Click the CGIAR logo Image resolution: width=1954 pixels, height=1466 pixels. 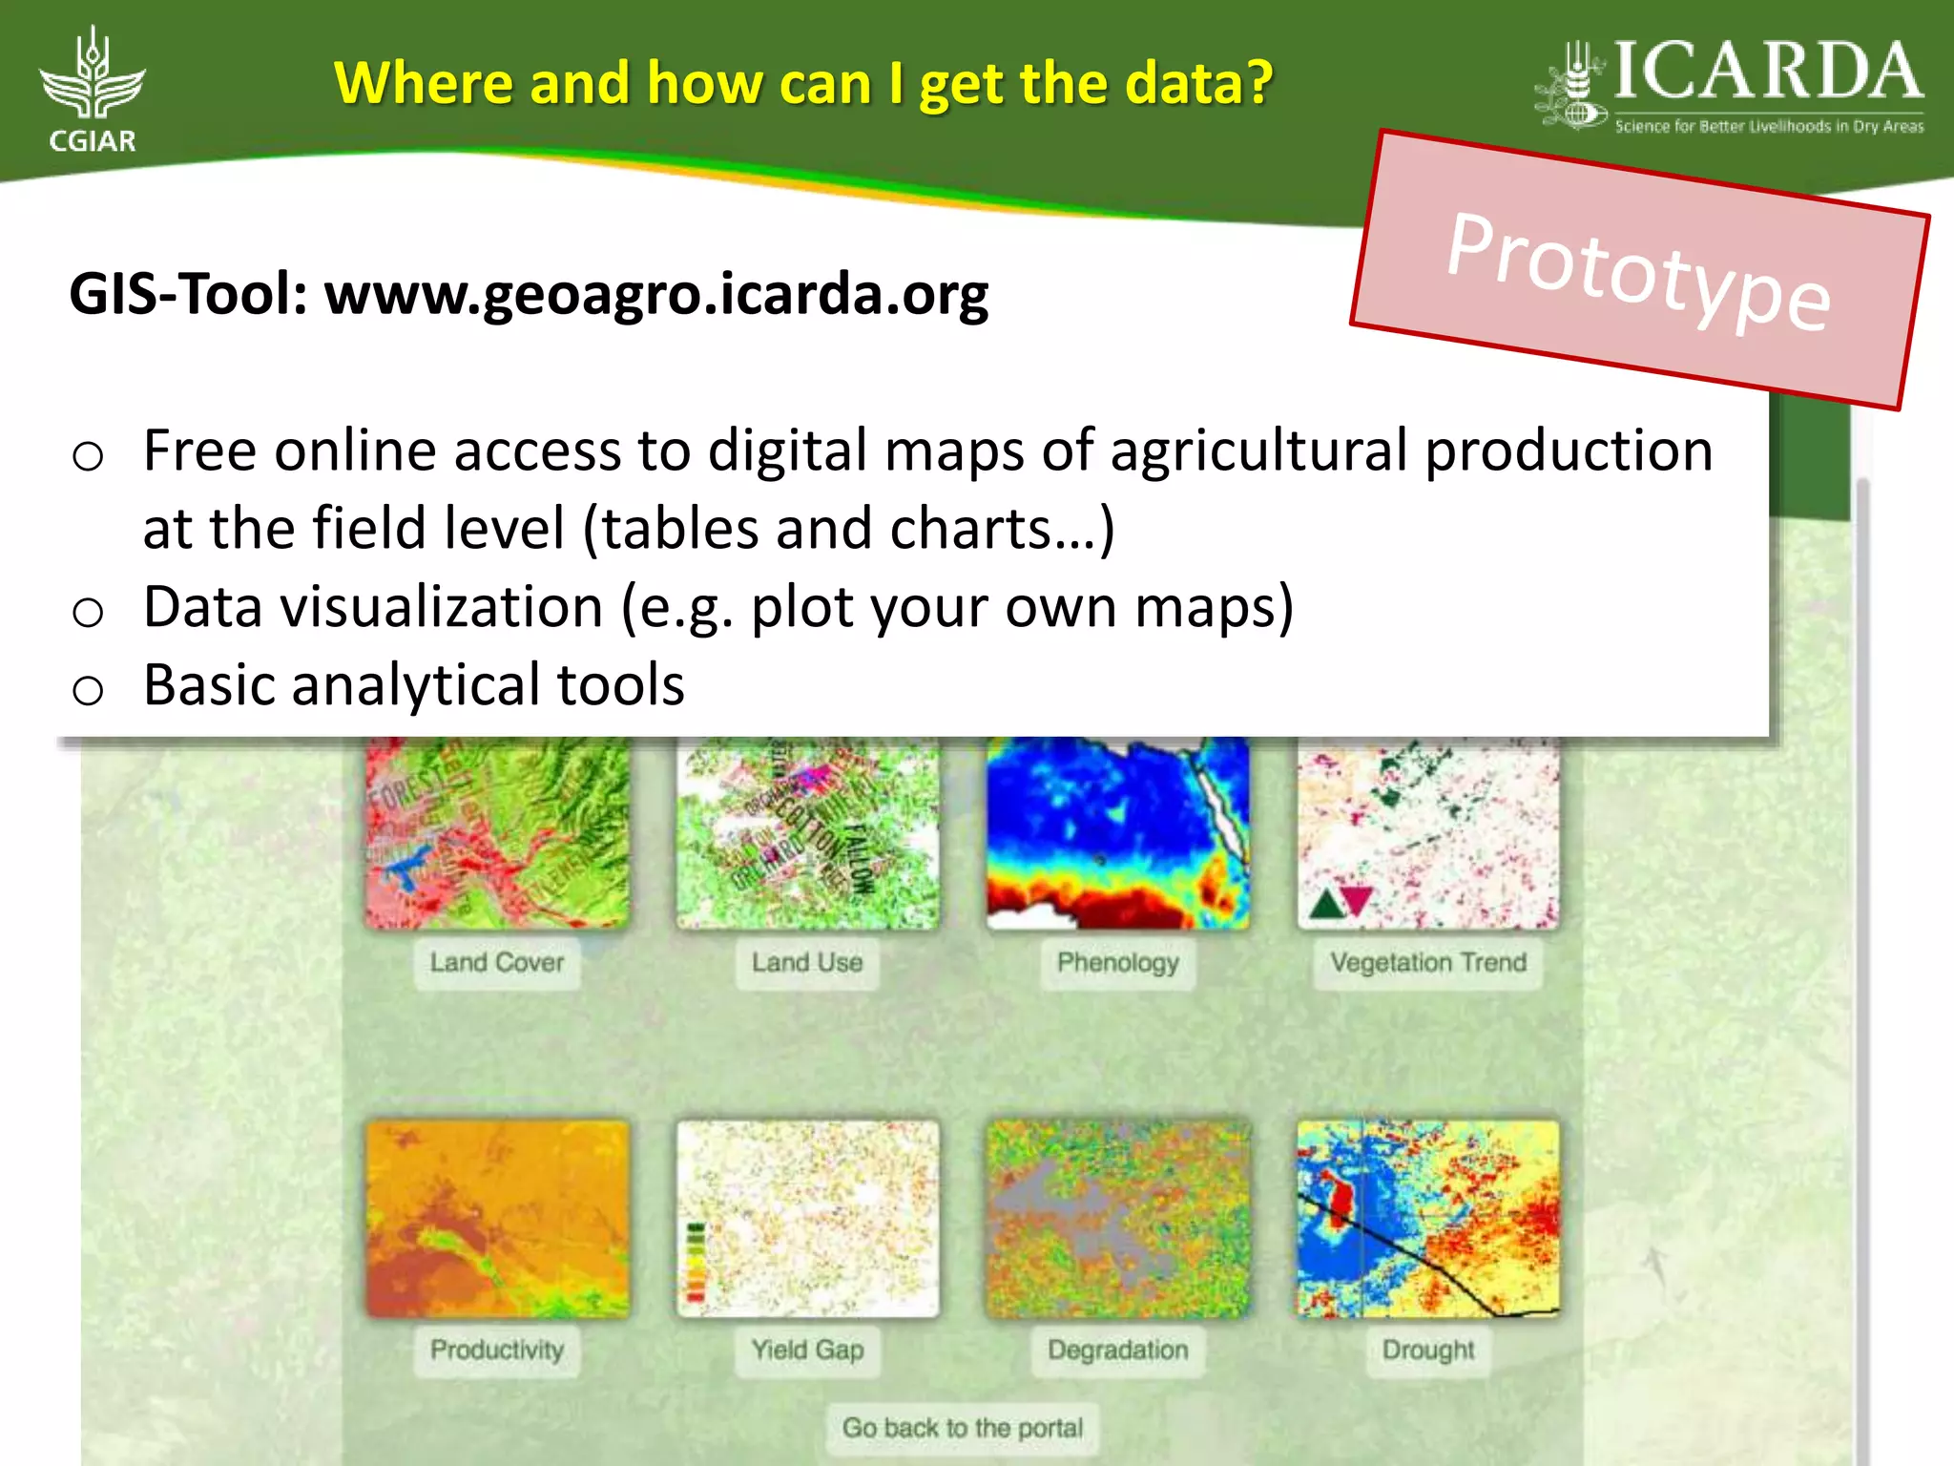pyautogui.click(x=93, y=91)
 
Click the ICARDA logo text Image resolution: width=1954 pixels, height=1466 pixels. pyautogui.click(x=1767, y=73)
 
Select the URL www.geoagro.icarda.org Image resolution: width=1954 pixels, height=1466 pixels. pyautogui.click(x=656, y=294)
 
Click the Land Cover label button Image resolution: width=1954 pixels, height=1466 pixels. pyautogui.click(x=496, y=962)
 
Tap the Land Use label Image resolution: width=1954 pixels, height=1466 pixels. pyautogui.click(x=807, y=962)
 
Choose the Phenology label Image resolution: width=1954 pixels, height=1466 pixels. pyautogui.click(x=1117, y=962)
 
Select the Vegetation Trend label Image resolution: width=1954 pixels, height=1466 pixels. pyautogui.click(x=1428, y=962)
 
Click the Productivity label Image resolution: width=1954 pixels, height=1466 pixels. pyautogui.click(x=496, y=1350)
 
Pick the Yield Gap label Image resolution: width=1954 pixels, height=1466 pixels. pyautogui.click(x=807, y=1350)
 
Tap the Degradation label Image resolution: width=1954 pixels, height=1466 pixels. pyautogui.click(x=1117, y=1350)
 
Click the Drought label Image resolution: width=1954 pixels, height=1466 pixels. pyautogui.click(x=1428, y=1350)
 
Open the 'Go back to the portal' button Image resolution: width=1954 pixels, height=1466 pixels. pyautogui.click(x=962, y=1428)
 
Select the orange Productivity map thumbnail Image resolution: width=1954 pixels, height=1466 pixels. pyautogui.click(x=497, y=1219)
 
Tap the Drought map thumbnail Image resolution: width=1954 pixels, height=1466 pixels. pyautogui.click(x=1428, y=1219)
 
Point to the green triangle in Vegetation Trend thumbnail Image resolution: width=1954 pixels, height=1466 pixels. pyautogui.click(x=1326, y=903)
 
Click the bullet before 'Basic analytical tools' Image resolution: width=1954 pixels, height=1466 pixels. pyautogui.click(x=88, y=689)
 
